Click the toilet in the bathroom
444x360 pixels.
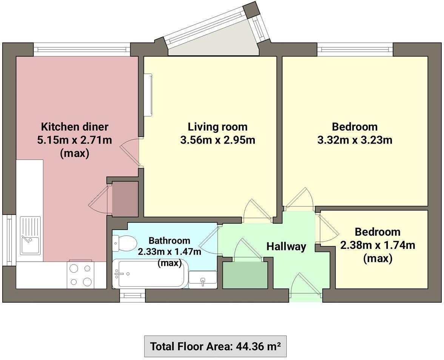124,243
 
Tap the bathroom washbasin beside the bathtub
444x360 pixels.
203,280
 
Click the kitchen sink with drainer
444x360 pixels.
30,235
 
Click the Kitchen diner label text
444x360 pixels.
74,126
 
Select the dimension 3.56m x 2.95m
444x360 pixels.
218,141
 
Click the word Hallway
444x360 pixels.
286,247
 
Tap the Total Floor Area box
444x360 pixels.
215,346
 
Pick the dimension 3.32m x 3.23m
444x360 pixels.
355,141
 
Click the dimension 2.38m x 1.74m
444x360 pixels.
378,246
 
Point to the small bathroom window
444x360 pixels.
132,295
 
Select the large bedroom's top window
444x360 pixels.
355,49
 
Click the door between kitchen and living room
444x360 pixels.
131,151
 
